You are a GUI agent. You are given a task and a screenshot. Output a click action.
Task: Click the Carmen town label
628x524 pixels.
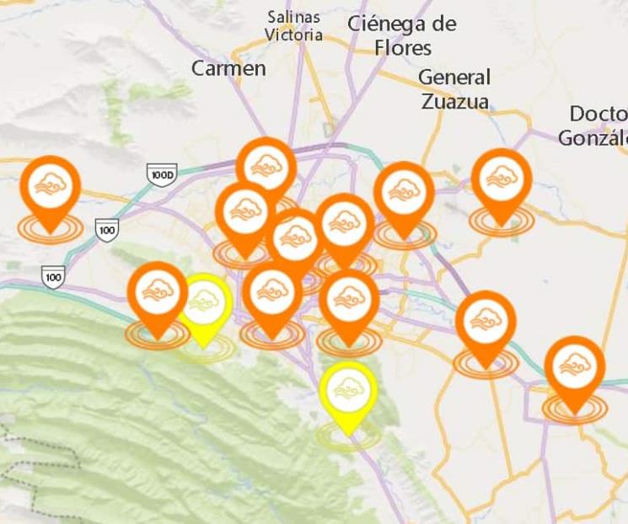pos(228,68)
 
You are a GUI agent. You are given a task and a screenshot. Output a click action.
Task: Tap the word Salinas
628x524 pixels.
pos(293,17)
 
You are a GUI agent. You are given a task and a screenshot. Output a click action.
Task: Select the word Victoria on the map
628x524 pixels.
pos(293,35)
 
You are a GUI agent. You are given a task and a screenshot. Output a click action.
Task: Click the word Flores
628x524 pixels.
pos(403,47)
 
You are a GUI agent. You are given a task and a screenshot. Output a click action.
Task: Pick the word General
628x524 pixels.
pos(454,78)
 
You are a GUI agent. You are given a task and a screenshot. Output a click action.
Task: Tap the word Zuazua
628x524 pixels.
pos(455,102)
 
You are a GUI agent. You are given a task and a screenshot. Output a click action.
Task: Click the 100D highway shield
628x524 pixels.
pos(161,174)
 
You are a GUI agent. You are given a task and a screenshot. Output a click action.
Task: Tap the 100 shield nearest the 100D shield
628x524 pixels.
pos(107,228)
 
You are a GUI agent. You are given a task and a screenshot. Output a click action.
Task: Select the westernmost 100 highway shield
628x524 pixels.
pos(54,275)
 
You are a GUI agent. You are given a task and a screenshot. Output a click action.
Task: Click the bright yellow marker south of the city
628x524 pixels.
pos(348,392)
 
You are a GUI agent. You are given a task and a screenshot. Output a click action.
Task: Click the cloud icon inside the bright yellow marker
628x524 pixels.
pos(348,388)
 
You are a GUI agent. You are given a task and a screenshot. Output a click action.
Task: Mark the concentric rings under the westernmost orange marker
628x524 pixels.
pos(50,228)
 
